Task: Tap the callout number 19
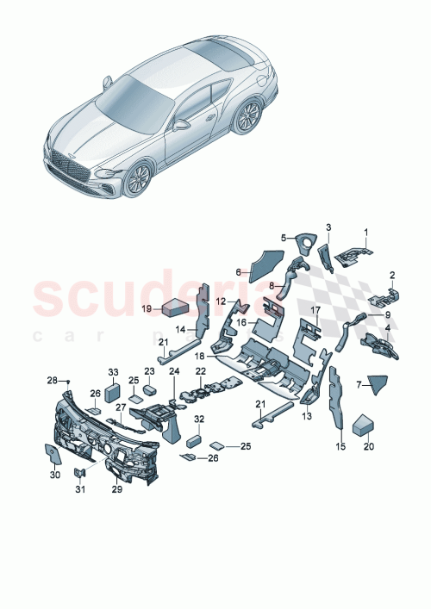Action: [x=147, y=308]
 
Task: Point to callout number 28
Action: [x=51, y=380]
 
